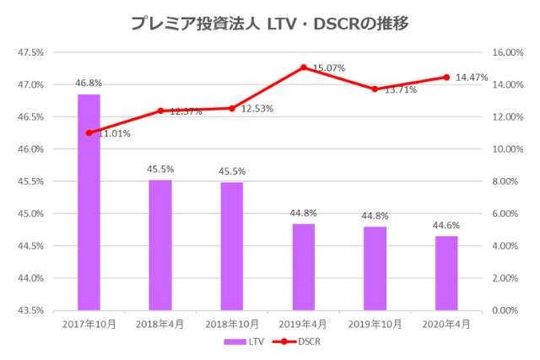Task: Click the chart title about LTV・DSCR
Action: [x=269, y=24]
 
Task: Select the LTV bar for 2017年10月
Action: [x=89, y=202]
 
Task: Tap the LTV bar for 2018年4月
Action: [x=160, y=244]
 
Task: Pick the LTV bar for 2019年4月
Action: [x=303, y=266]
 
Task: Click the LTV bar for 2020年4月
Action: [x=446, y=273]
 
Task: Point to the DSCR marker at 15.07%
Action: [x=303, y=67]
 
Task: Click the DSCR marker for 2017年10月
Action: [x=89, y=132]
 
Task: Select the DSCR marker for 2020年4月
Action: [x=446, y=77]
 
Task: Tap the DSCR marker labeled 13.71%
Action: [x=375, y=89]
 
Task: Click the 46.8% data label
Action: [x=89, y=83]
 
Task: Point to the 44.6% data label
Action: [x=446, y=226]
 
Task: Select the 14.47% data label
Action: [x=472, y=78]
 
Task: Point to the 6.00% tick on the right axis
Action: [x=506, y=213]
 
